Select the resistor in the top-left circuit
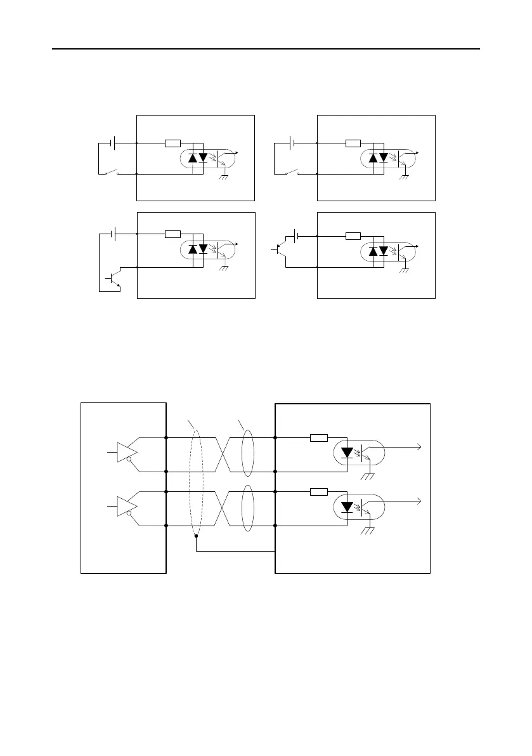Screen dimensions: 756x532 [x=172, y=143]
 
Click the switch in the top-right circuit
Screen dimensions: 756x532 [x=292, y=173]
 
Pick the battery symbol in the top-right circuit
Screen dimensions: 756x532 [x=292, y=143]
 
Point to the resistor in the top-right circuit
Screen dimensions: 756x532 [x=353, y=143]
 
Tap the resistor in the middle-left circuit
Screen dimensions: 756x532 [x=172, y=234]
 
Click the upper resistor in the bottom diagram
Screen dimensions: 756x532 [x=319, y=437]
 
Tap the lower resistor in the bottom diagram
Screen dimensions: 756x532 [x=319, y=491]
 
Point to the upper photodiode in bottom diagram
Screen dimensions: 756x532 [x=347, y=453]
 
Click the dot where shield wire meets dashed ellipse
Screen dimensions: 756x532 [x=196, y=536]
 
